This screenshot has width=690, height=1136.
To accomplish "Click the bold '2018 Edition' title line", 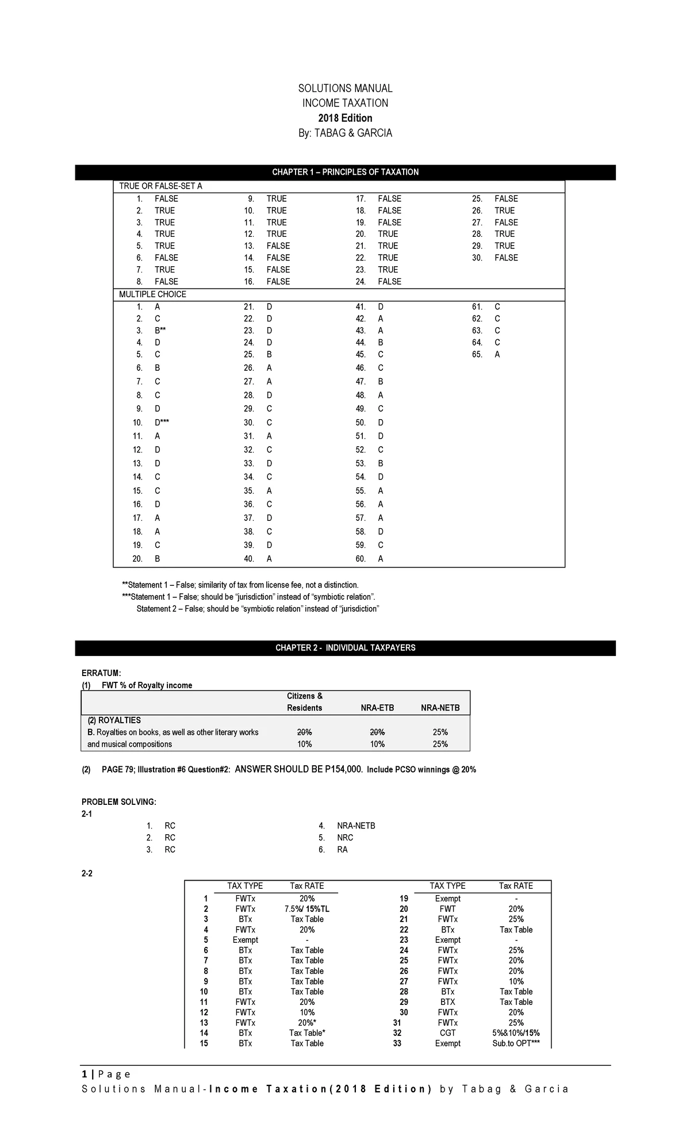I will click(345, 118).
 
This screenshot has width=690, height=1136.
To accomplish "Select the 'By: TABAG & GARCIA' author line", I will click(345, 133).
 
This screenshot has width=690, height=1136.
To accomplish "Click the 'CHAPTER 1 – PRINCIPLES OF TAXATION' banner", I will click(345, 172).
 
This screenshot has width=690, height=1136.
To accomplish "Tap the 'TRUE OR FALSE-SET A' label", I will click(160, 186).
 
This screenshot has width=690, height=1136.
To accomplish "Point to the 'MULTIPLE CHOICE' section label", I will click(152, 294).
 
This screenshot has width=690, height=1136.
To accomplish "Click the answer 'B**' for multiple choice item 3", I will click(160, 331).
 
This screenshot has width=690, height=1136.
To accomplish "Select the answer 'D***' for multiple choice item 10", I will click(162, 423).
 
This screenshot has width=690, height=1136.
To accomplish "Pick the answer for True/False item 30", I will click(506, 258).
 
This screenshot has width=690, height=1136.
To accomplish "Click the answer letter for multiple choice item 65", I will click(497, 355).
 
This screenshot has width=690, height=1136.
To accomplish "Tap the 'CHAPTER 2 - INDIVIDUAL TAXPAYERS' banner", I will click(345, 648).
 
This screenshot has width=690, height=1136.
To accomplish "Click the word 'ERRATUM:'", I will click(101, 673).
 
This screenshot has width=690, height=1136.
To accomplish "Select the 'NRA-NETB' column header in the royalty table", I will click(440, 708).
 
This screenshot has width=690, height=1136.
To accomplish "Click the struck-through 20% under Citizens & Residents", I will click(304, 732).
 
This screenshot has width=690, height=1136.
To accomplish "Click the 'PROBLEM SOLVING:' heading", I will click(119, 802).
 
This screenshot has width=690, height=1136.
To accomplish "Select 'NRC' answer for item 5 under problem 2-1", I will click(345, 838).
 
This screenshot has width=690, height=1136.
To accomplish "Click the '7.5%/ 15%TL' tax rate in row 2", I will click(307, 909).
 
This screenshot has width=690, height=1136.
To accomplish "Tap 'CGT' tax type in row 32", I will click(447, 1033).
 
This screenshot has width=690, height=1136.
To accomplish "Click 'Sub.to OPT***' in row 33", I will click(516, 1043).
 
